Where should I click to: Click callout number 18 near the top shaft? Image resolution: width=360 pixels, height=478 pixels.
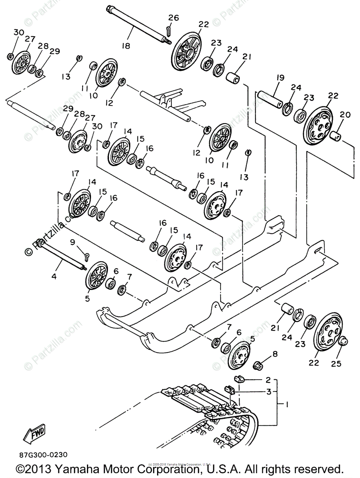[126, 46]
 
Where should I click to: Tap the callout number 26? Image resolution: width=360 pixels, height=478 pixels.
[173, 18]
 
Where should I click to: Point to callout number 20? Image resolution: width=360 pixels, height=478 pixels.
[345, 115]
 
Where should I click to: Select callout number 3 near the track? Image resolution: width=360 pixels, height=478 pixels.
[269, 392]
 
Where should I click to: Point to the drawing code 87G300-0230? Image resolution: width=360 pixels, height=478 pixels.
[42, 455]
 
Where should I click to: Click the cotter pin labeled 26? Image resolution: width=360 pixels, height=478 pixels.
[169, 30]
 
